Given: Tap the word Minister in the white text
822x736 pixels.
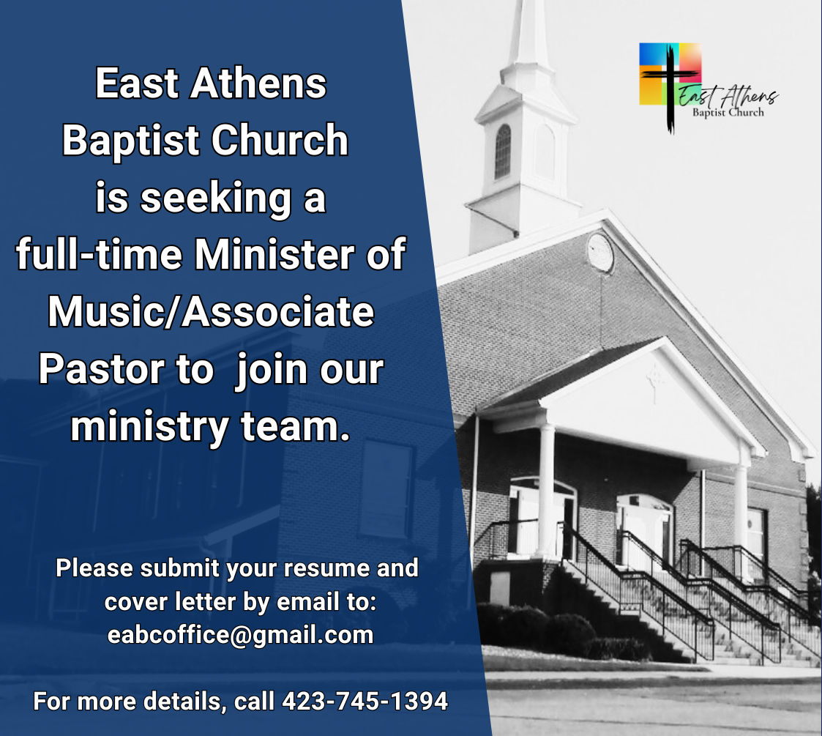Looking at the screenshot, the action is click(274, 254).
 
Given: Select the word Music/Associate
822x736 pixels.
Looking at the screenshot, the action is click(212, 311).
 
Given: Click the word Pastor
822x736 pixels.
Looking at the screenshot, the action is click(101, 369).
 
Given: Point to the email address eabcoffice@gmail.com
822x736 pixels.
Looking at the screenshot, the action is click(240, 635).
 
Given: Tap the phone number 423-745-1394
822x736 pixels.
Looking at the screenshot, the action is click(365, 701).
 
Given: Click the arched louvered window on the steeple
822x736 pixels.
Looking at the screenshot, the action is click(502, 152).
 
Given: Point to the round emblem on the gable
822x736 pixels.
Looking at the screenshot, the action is click(600, 252).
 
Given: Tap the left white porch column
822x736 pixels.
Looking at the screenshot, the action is click(546, 491).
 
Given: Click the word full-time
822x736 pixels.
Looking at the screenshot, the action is click(99, 254).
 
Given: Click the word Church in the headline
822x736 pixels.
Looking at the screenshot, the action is click(280, 140).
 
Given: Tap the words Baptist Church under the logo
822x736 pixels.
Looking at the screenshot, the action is click(728, 112).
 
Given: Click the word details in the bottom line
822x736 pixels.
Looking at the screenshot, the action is click(182, 702).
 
